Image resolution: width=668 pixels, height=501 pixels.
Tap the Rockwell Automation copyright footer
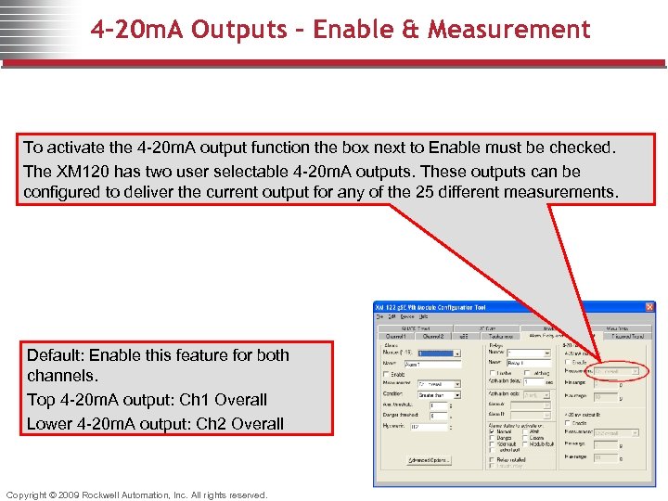pos(136,495)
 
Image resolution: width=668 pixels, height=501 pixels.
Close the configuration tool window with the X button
pos(649,307)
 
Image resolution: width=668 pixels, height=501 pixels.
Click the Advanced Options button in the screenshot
pos(430,461)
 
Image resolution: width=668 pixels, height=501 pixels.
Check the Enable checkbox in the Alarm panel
pos(386,374)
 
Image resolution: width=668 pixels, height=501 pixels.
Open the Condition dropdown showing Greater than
pos(439,395)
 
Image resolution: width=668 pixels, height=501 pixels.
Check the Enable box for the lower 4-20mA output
pos(569,423)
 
